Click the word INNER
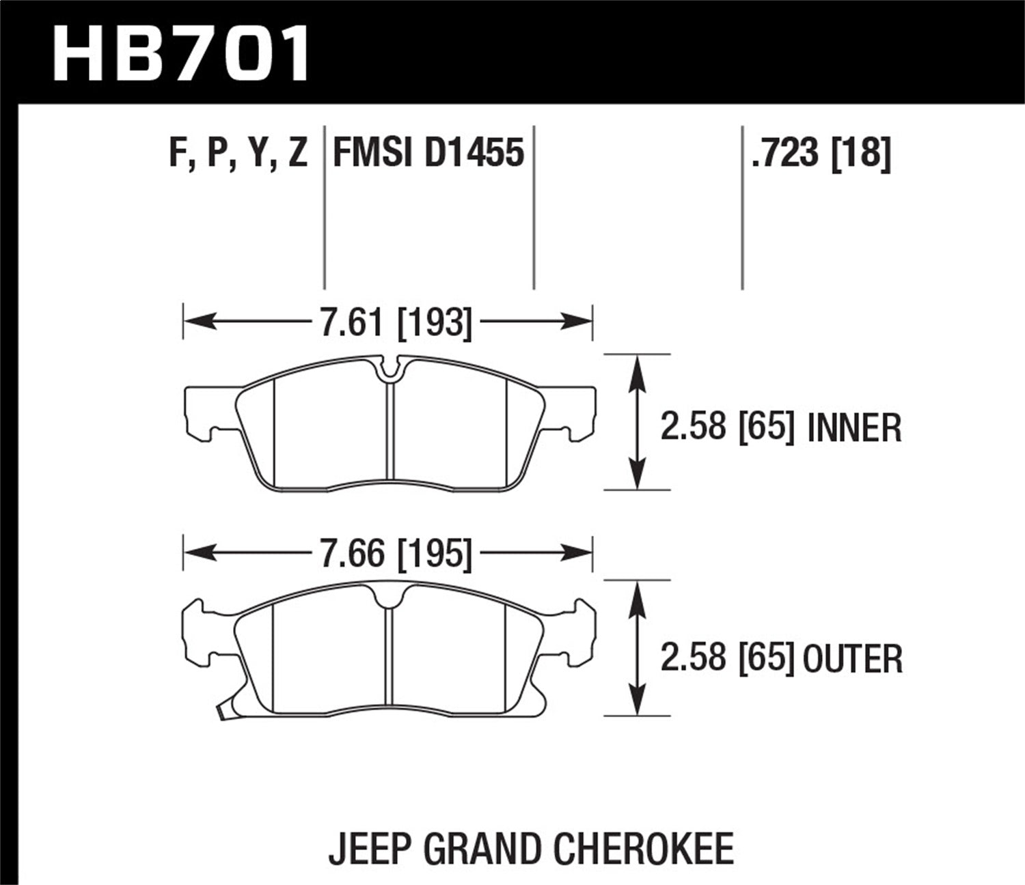pyautogui.click(x=854, y=428)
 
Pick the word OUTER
pyautogui.click(x=853, y=659)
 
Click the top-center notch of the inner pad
pyautogui.click(x=389, y=369)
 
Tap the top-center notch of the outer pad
pyautogui.click(x=389, y=597)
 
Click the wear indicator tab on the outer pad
pyautogui.click(x=222, y=714)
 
